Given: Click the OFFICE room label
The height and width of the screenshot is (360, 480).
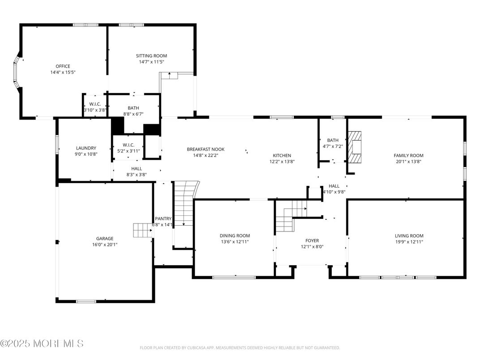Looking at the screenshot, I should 63,66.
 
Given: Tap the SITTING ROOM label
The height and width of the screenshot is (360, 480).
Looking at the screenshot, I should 151,56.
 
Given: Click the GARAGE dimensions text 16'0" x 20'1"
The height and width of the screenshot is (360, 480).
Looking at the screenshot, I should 104,244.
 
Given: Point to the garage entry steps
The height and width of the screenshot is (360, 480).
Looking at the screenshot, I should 142,230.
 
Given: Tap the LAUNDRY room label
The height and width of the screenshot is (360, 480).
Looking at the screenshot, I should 86,148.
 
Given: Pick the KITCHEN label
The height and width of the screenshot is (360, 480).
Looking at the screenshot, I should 282,155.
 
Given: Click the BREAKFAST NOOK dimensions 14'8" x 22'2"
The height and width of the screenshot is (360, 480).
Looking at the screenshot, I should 206,155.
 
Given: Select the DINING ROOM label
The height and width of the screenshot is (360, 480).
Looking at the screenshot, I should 235,236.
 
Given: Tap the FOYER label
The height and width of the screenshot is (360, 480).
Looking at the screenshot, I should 312,240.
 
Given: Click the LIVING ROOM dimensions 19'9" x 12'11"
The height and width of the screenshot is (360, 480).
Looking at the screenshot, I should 409,242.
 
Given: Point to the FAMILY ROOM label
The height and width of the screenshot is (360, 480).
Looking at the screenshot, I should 408,155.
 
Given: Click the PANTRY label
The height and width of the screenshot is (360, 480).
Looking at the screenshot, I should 163,219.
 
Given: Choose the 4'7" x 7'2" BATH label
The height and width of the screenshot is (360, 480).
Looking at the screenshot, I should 333,140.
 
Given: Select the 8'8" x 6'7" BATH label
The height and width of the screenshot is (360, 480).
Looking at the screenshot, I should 133,108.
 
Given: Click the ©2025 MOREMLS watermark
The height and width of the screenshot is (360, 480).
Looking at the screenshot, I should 42,344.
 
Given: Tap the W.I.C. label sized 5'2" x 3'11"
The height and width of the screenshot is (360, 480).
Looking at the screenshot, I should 129,145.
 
